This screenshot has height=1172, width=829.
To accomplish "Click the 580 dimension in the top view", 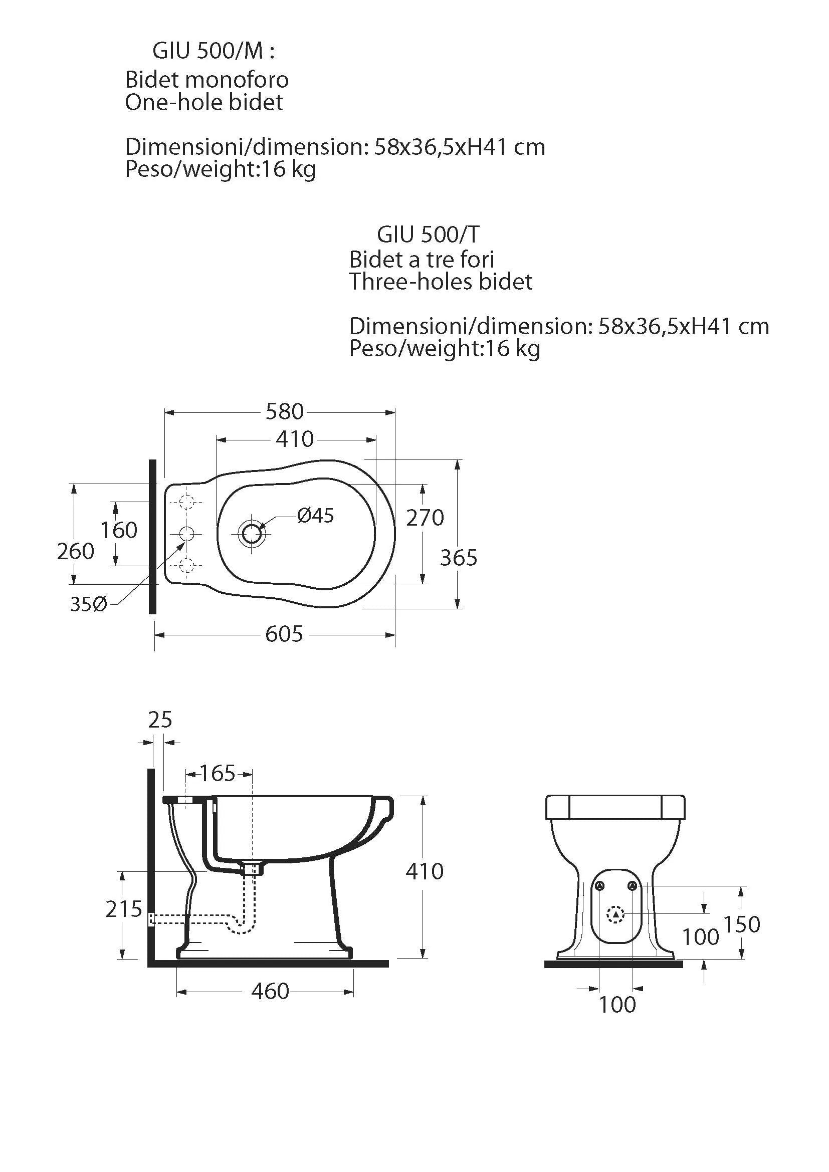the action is click(x=284, y=411).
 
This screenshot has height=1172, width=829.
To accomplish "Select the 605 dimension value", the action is click(x=284, y=634).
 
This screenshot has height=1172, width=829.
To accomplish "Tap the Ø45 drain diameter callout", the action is click(x=315, y=516).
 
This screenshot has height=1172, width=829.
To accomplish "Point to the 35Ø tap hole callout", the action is click(x=88, y=604).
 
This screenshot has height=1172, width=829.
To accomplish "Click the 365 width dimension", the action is click(x=459, y=558).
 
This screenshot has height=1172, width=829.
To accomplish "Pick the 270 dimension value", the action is click(x=425, y=518).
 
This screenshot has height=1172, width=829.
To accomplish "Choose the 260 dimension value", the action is click(x=76, y=551).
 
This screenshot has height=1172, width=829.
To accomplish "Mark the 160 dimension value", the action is click(x=118, y=530).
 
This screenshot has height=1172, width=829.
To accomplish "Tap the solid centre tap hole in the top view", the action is click(x=187, y=534).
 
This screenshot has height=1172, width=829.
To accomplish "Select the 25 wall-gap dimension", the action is click(x=160, y=720).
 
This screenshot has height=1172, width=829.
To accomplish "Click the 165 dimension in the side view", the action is click(x=218, y=773).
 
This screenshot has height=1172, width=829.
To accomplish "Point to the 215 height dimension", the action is click(x=123, y=909).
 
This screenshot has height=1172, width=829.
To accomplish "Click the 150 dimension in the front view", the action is click(x=742, y=924).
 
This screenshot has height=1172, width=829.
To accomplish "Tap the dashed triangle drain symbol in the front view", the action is click(x=615, y=914).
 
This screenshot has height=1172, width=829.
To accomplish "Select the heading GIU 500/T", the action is click(x=428, y=235).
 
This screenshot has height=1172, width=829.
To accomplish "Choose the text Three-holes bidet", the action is click(x=441, y=282).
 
